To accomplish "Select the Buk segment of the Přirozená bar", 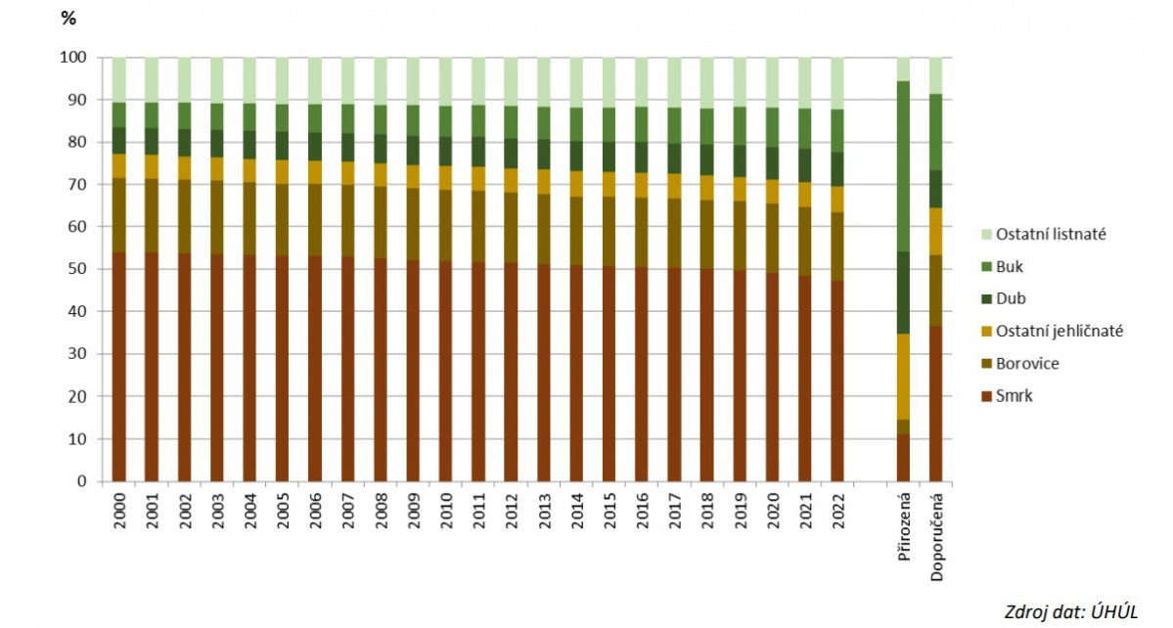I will pyautogui.click(x=903, y=166).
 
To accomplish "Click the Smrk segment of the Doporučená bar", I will pyautogui.click(x=936, y=404).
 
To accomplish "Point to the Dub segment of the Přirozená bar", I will pyautogui.click(x=903, y=292).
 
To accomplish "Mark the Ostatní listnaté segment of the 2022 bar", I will pyautogui.click(x=837, y=83).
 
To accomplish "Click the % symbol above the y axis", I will pyautogui.click(x=68, y=20).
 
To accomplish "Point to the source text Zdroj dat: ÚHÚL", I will pyautogui.click(x=1071, y=611).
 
